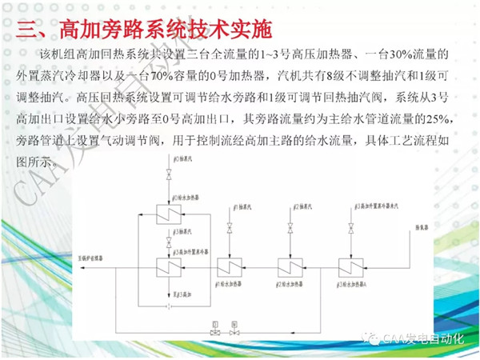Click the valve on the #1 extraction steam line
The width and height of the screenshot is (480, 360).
pos(230,232)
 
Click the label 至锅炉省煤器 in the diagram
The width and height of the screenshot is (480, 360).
pos(94,259)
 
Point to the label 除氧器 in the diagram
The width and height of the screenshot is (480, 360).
pos(422,226)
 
